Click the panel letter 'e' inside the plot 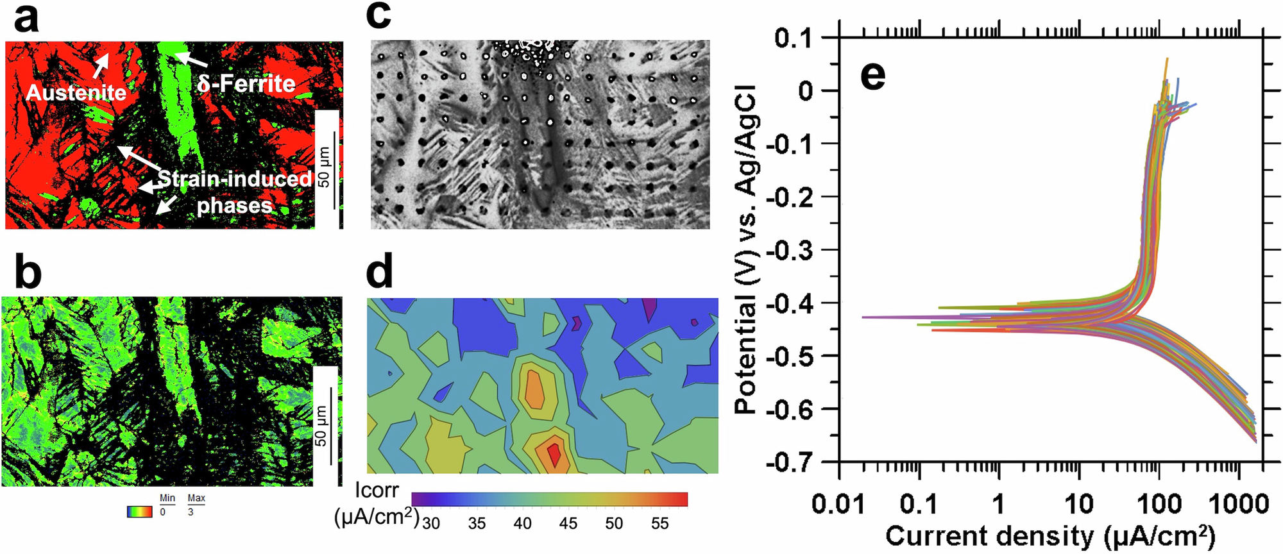click(x=872, y=76)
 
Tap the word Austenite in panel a click(x=76, y=93)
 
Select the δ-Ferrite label click(x=246, y=83)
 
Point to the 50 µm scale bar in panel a click(x=334, y=170)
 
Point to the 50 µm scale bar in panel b click(x=331, y=426)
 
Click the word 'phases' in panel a click(x=235, y=206)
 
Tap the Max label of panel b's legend click(x=196, y=498)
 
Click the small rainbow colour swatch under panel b click(x=140, y=512)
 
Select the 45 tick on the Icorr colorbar click(x=568, y=524)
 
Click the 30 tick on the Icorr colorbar click(x=431, y=524)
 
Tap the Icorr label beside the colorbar click(x=377, y=491)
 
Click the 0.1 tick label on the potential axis click(x=802, y=38)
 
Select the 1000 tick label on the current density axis click(x=1238, y=505)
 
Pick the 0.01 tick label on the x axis click(x=838, y=505)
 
